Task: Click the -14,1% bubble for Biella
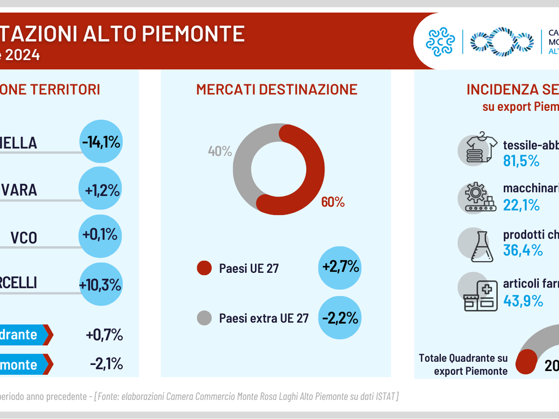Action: tap(100, 142)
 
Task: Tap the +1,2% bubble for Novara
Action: tap(100, 189)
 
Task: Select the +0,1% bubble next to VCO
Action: tap(100, 235)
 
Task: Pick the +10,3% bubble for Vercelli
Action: tap(100, 284)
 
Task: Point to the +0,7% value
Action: tap(104, 335)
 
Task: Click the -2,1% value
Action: tap(106, 364)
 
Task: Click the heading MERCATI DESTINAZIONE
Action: tap(277, 89)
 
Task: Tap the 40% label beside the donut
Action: tap(219, 151)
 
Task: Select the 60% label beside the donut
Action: tap(333, 202)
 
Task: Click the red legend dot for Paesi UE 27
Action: tap(204, 268)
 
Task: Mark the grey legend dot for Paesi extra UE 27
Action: tap(204, 318)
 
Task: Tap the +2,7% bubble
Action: tap(340, 267)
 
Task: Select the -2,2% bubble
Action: tap(340, 318)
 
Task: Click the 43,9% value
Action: tap(522, 301)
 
